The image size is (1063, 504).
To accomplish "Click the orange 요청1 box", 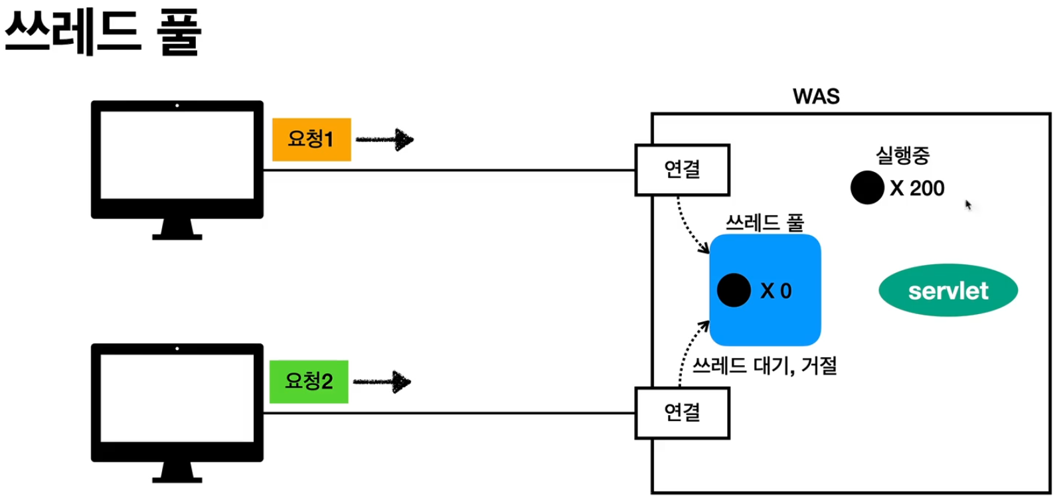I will [311, 139].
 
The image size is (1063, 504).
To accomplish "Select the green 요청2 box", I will [309, 382].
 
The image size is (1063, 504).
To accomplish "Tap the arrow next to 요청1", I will [385, 139].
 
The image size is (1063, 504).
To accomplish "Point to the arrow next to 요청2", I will [382, 382].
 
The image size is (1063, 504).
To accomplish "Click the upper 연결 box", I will [682, 170].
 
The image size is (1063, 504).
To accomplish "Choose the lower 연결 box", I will [682, 413].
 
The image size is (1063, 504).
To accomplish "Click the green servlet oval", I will [947, 291].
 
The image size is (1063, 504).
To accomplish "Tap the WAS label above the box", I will [816, 97].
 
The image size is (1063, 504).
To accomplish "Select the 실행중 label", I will [902, 155].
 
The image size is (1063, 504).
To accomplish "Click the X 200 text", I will [917, 189].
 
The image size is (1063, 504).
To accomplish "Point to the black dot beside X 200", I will [867, 188].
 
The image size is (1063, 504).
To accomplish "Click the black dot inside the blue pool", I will [734, 290].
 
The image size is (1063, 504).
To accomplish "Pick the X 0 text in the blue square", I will [776, 291].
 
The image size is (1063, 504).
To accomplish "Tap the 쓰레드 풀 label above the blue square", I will [764, 222].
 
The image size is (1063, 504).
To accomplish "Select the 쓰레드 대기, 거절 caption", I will [764, 365].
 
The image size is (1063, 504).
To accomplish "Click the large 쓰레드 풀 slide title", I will [103, 32].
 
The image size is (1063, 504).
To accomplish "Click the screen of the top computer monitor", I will [177, 155].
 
